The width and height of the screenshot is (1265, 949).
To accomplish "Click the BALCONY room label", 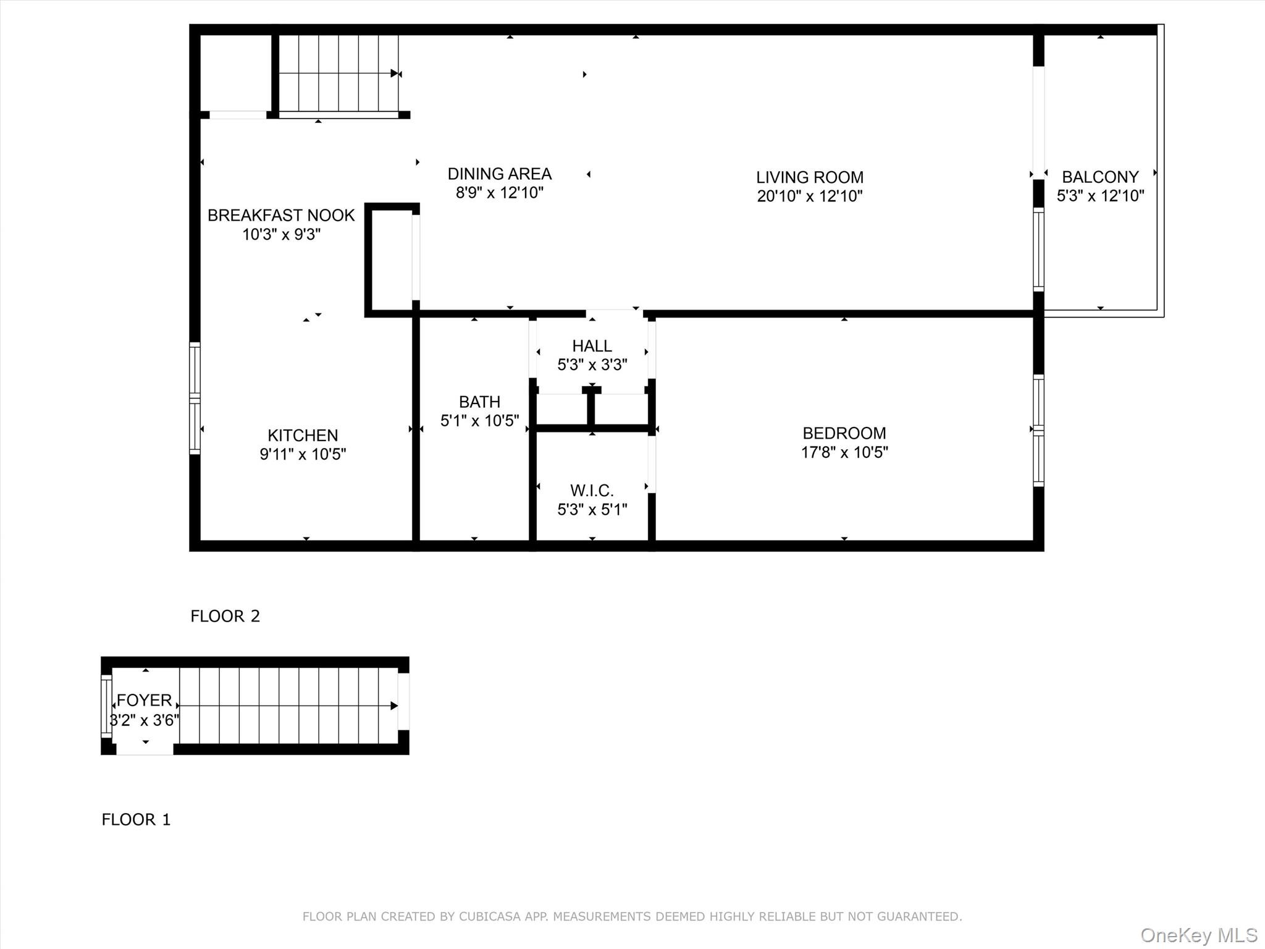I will click(1100, 177).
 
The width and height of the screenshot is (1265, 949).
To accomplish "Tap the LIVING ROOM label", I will click(809, 177).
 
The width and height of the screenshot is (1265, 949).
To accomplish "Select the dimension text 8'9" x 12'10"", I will click(499, 193).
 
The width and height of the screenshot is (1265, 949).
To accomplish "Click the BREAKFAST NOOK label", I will click(281, 215).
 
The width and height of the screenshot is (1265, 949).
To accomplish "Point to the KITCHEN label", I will click(303, 435).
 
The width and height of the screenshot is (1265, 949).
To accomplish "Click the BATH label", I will click(479, 402).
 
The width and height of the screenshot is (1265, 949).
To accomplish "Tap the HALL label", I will click(592, 346).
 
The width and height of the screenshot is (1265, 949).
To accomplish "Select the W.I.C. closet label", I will click(592, 491).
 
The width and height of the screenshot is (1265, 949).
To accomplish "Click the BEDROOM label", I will click(844, 433).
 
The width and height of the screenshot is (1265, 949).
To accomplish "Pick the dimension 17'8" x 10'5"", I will click(844, 452).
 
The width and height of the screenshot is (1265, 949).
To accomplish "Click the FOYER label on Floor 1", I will click(144, 700).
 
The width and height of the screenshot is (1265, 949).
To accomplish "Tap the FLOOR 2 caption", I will click(225, 616).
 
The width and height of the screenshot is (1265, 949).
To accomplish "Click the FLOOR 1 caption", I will click(136, 819).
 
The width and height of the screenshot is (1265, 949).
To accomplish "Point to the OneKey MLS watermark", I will click(1198, 935).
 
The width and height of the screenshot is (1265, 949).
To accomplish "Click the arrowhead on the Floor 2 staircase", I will click(395, 74).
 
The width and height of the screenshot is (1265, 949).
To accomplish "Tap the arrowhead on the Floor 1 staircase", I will click(394, 706).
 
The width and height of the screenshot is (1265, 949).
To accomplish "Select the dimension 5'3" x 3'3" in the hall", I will click(592, 365).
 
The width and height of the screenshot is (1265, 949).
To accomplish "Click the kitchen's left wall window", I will click(195, 399).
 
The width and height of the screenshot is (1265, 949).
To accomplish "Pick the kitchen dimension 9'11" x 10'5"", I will click(303, 454).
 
